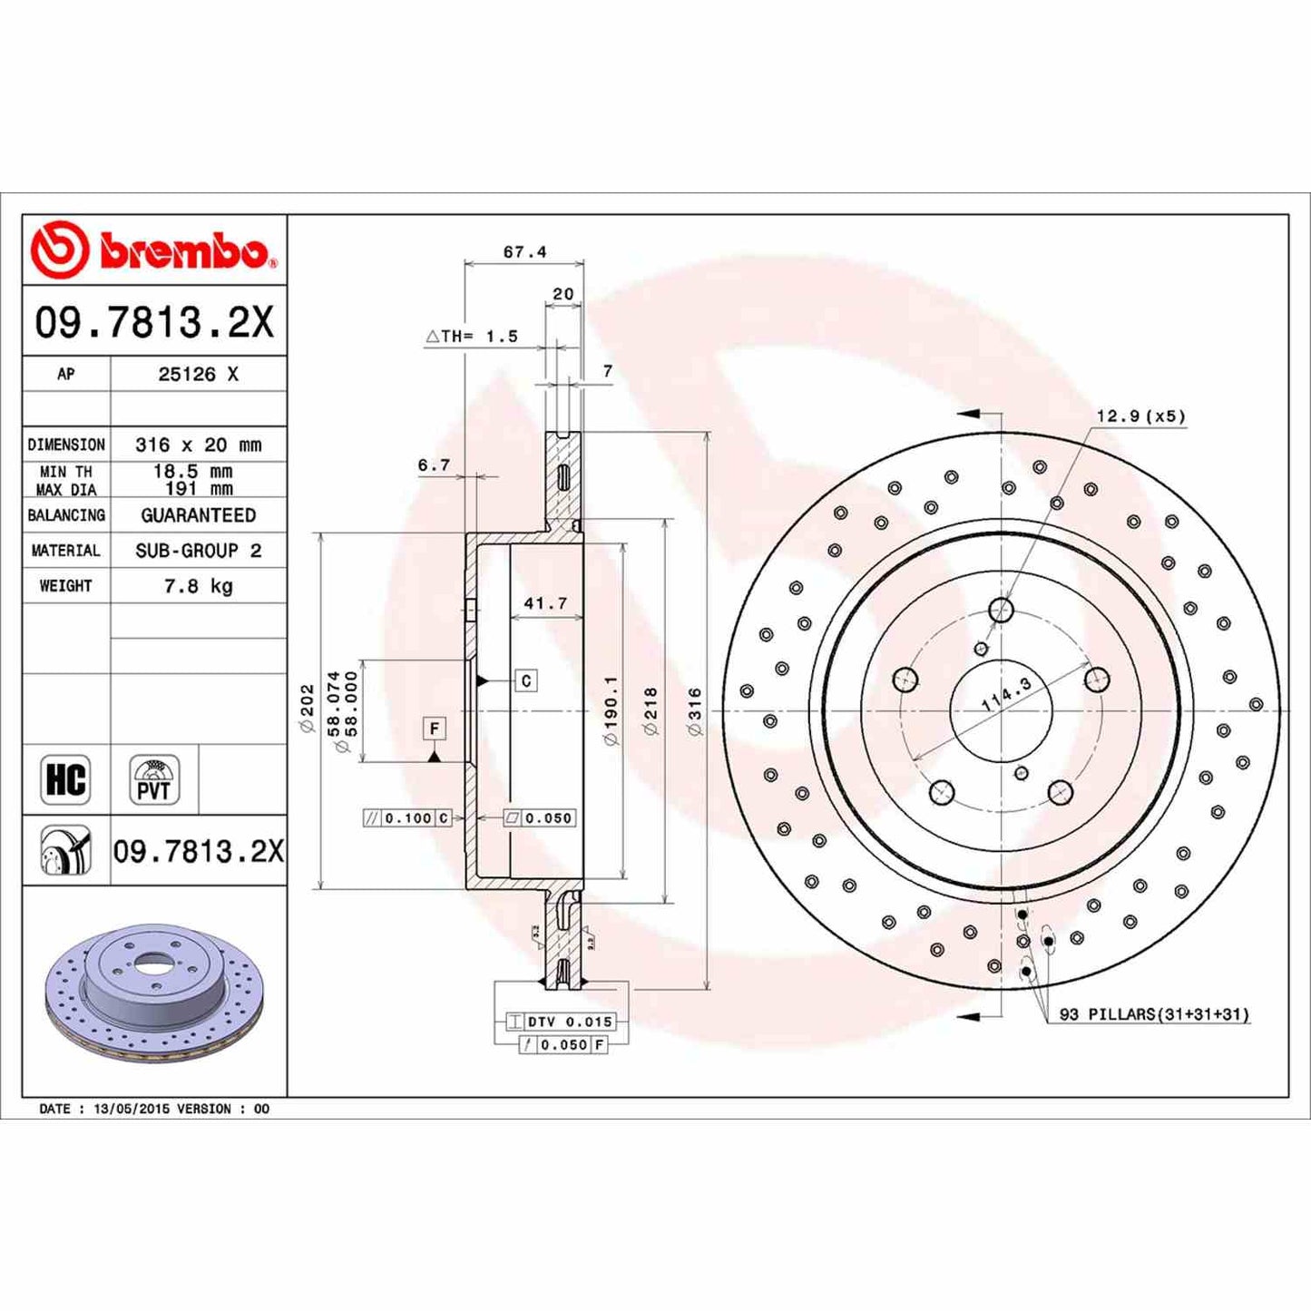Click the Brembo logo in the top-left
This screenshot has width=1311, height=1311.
pyautogui.click(x=151, y=249)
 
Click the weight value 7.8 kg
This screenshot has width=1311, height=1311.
pyautogui.click(x=198, y=586)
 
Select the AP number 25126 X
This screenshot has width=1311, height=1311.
pyautogui.click(x=198, y=374)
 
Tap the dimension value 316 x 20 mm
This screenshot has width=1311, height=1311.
pyautogui.click(x=198, y=445)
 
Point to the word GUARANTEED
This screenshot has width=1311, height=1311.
pyautogui.click(x=198, y=515)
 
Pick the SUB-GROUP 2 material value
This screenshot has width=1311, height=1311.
pyautogui.click(x=198, y=551)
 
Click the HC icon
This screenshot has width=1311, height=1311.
pyautogui.click(x=65, y=779)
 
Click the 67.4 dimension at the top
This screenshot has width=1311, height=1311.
pyautogui.click(x=524, y=252)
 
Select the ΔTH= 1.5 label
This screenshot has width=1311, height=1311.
pyautogui.click(x=472, y=337)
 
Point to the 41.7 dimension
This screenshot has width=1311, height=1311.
pyautogui.click(x=545, y=603)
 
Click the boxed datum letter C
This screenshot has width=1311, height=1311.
pyautogui.click(x=526, y=680)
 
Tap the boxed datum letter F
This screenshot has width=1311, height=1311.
pyautogui.click(x=435, y=729)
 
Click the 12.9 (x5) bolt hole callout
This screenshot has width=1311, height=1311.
pyautogui.click(x=1140, y=416)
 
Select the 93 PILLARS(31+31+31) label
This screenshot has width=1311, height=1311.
pyautogui.click(x=1154, y=1014)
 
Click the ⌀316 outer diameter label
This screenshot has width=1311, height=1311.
pyautogui.click(x=694, y=711)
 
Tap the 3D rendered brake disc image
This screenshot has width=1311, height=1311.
pyautogui.click(x=153, y=993)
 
